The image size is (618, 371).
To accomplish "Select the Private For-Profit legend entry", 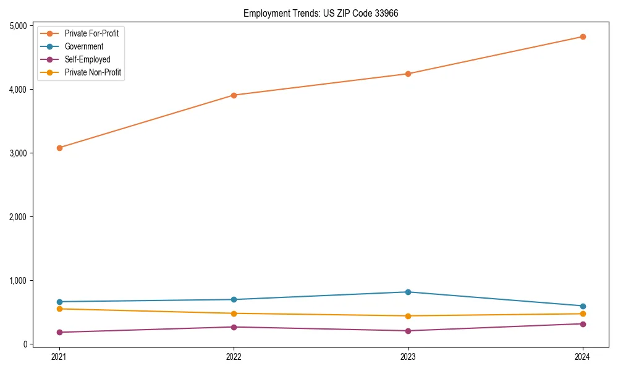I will click(91, 33).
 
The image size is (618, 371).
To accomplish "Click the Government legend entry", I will click(84, 46).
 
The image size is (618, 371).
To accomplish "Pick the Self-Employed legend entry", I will click(87, 59).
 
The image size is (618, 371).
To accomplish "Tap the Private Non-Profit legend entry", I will click(93, 73).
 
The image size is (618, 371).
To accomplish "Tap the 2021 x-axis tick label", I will click(59, 357).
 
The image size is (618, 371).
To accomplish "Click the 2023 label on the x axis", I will click(408, 357).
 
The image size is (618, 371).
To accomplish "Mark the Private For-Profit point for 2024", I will click(583, 36).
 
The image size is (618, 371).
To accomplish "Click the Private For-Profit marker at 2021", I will click(59, 148).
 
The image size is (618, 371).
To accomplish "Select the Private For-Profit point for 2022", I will click(234, 95).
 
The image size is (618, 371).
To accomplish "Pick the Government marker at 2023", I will click(408, 292).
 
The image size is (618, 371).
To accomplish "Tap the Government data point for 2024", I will click(583, 306).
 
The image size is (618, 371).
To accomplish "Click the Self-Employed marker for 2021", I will click(59, 332).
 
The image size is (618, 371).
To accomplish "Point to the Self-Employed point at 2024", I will click(583, 324).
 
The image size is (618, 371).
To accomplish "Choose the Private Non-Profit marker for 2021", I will click(59, 309).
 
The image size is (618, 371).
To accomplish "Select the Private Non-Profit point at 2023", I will click(408, 316).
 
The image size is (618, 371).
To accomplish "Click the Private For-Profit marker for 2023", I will click(408, 74).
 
